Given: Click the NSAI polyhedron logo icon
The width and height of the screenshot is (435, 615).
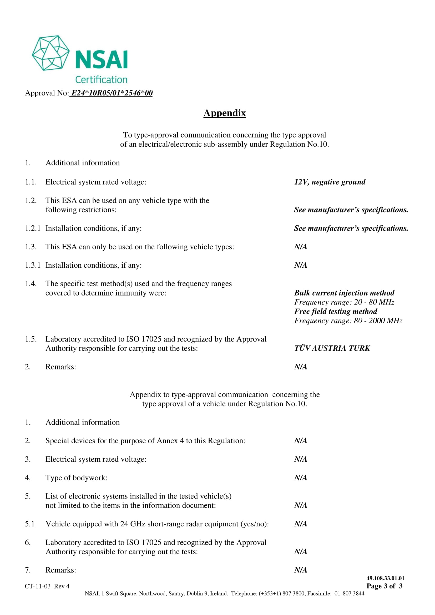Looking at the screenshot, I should tap(50, 53).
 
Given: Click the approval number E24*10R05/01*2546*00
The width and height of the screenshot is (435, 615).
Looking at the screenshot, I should tap(112, 93).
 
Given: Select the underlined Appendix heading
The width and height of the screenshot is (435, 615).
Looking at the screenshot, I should tap(224, 113).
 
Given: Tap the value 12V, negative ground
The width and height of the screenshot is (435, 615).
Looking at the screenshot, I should tap(330, 182).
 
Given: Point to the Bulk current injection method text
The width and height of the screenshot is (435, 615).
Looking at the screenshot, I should tap(344, 293).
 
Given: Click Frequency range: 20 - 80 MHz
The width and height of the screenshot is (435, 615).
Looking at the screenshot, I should tap(344, 302).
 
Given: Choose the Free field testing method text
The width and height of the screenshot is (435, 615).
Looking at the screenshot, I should tap(336, 311).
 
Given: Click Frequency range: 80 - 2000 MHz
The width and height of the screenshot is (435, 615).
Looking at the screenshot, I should tap(348, 321).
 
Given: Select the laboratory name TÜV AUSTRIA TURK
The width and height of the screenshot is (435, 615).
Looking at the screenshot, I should tap(332, 348).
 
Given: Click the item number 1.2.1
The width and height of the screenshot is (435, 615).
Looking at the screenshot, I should tap(33, 228).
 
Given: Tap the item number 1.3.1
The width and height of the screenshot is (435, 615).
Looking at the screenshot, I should tap(33, 265).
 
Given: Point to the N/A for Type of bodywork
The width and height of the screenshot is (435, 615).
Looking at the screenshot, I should tap(301, 478).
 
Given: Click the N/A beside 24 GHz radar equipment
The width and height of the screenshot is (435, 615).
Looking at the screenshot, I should tap(301, 524).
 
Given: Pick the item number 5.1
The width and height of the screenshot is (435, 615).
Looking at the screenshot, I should tap(30, 524).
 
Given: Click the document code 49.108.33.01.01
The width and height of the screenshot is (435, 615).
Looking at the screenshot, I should tap(385, 578).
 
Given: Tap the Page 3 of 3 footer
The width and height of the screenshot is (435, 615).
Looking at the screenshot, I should tap(385, 586).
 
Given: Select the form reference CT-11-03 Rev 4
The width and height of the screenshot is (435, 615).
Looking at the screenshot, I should tap(47, 586).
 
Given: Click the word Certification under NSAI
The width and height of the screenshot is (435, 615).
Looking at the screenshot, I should tap(101, 80).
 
